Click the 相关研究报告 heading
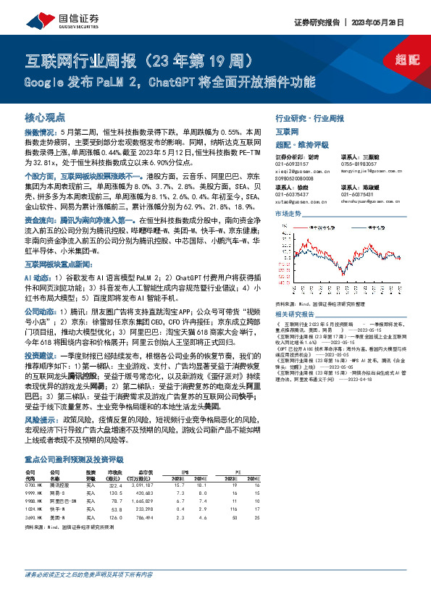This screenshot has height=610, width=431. [x=295, y=315]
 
